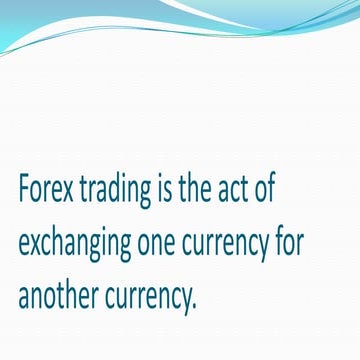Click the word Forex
coord(47,191)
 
